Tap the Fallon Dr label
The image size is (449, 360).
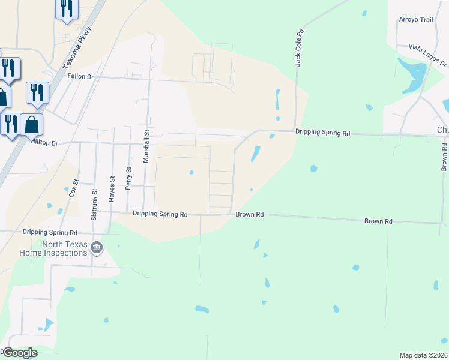[81, 76]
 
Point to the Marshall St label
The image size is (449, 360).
[145, 147]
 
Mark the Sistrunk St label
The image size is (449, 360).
[94, 204]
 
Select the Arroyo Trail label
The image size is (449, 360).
[416, 20]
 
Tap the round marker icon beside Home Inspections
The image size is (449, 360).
[97, 247]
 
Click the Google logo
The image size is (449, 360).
[20, 353]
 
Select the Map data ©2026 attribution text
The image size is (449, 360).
[424, 355]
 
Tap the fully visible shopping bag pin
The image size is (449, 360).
[32, 125]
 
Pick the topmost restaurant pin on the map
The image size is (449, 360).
[67, 8]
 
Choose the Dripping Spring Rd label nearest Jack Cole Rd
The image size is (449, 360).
[322, 133]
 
